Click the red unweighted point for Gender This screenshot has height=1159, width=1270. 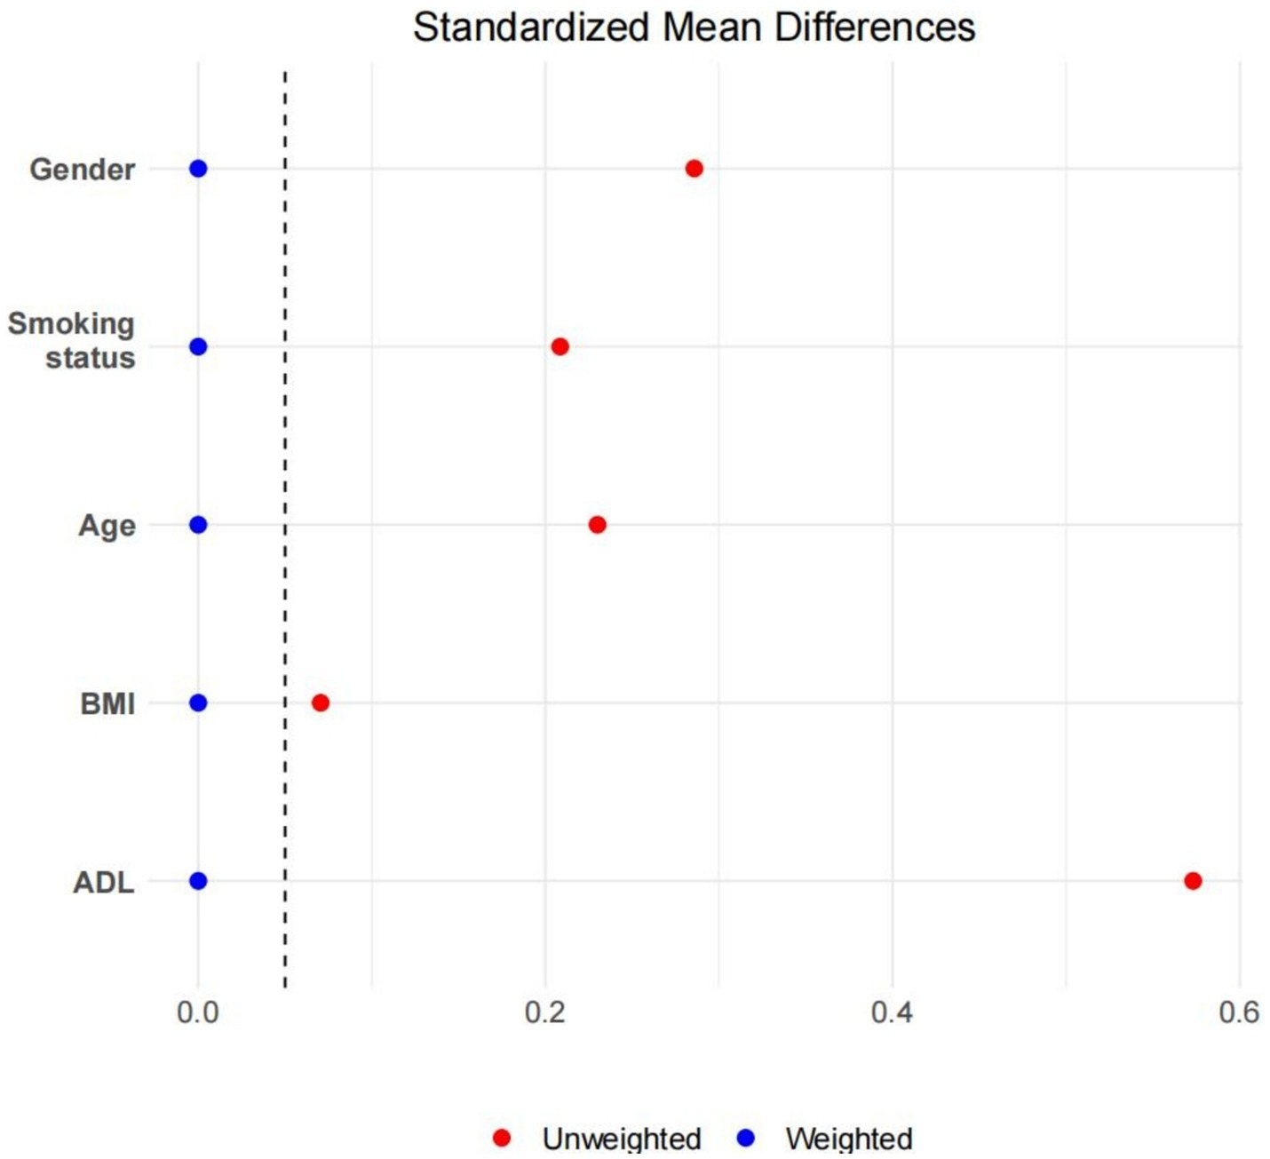coord(695,169)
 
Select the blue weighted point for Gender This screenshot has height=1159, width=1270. coord(198,169)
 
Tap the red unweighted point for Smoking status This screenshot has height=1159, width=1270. coord(560,346)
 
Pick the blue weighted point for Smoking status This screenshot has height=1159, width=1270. coord(198,346)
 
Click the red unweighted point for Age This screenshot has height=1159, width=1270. coord(597,525)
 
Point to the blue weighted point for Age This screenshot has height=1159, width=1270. coord(198,525)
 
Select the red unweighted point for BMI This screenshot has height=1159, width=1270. coord(321,703)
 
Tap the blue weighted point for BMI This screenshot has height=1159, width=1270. coord(198,703)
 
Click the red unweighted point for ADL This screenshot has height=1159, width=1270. coord(1193,881)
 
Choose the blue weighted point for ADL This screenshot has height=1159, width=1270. coord(198,881)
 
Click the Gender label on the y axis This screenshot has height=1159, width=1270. coord(83,170)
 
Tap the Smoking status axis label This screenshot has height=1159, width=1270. coord(72,340)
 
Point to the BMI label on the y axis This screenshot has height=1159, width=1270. coord(107,703)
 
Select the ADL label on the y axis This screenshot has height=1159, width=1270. coord(104,883)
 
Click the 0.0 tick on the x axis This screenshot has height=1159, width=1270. coord(198,1012)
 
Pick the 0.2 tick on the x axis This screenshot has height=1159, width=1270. coord(545,1012)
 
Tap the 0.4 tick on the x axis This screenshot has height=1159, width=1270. coord(892,1012)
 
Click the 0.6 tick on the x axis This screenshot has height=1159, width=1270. coord(1239,1012)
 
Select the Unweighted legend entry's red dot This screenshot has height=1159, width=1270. coord(502,1138)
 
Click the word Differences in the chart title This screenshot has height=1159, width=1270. coord(875,28)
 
